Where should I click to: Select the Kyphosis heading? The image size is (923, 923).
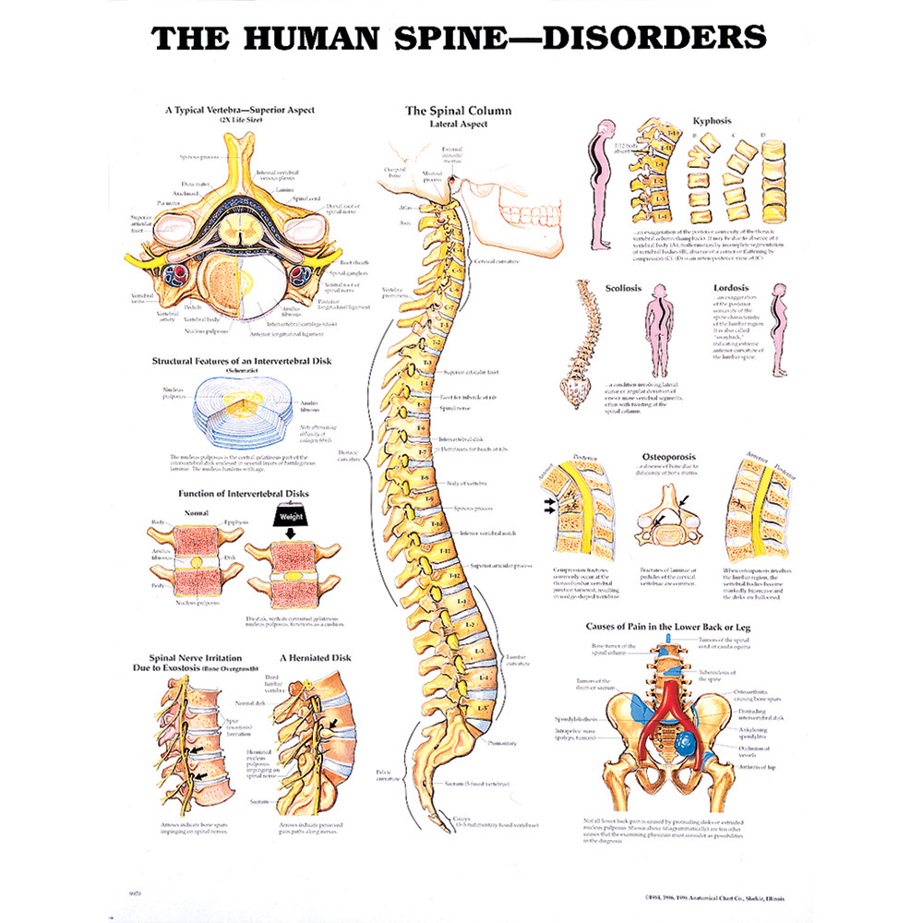711,121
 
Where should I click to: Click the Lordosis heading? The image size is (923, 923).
732,288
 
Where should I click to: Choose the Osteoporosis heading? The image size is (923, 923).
668,456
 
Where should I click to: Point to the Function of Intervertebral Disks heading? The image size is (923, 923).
231,494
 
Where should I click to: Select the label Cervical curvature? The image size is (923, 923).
498,261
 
